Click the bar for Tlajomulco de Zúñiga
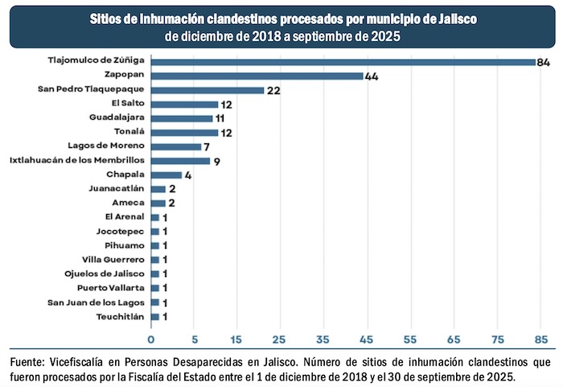click(343, 62)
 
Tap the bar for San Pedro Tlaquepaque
click(208, 90)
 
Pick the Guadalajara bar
click(182, 118)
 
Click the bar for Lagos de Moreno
click(176, 146)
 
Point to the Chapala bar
click(166, 175)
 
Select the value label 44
click(372, 76)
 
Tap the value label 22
click(273, 90)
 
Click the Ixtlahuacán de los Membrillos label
click(76, 161)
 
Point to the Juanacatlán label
click(117, 189)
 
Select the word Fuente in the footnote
click(30, 360)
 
